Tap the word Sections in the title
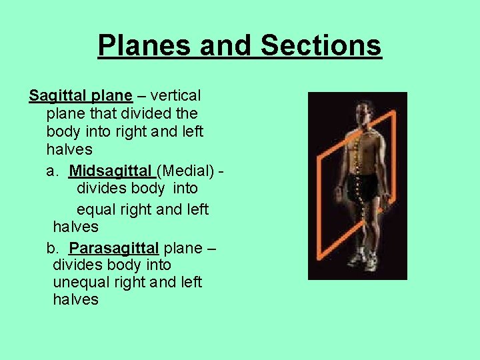click(x=321, y=45)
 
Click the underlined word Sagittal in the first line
click(x=57, y=96)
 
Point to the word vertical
click(x=176, y=96)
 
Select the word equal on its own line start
click(x=97, y=209)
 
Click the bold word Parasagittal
click(x=114, y=249)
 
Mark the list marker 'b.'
click(x=53, y=249)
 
